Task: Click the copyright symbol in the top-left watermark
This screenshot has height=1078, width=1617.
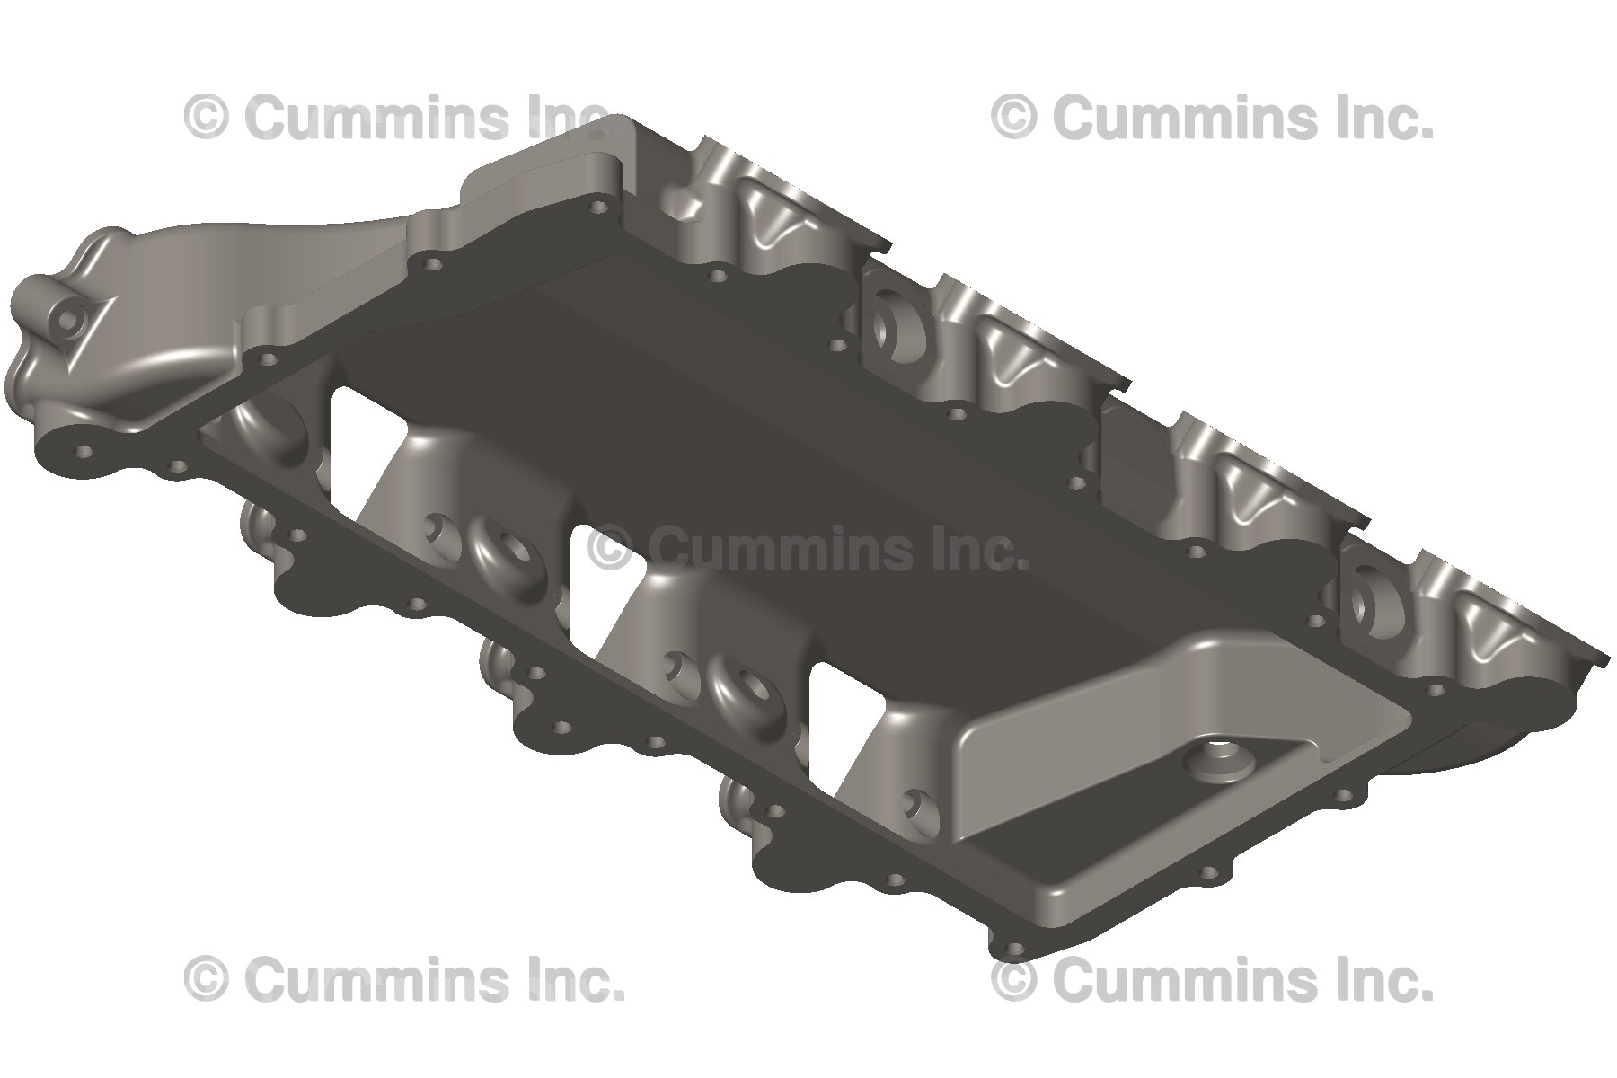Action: coord(206,119)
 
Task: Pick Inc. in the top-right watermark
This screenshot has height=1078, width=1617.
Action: coord(1385,119)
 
